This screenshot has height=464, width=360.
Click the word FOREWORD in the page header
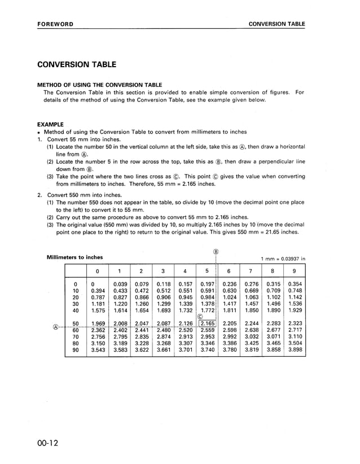(x=55, y=24)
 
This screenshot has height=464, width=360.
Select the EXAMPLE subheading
(x=50, y=124)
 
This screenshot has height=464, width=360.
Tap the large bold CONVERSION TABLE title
(x=77, y=65)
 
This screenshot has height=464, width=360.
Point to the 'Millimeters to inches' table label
(x=74, y=257)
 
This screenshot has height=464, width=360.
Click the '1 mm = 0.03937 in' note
(x=283, y=259)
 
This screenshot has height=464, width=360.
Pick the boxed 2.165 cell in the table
(x=207, y=323)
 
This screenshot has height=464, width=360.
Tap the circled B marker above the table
(x=216, y=251)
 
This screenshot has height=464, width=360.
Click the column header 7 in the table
(x=251, y=271)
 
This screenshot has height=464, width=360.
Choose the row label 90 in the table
(x=75, y=350)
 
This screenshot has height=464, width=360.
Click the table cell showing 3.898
(x=295, y=350)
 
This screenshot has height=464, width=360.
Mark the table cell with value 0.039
(x=120, y=284)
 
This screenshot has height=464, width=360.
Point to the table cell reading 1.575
(x=98, y=310)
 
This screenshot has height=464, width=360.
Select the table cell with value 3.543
(x=98, y=350)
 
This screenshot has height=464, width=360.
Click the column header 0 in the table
(x=98, y=271)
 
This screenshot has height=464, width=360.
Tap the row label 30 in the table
(x=75, y=304)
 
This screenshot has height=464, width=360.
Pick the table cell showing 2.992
(x=229, y=336)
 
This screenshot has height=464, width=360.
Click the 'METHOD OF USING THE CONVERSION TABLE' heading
(x=99, y=85)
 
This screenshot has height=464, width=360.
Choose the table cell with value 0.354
(x=295, y=284)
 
